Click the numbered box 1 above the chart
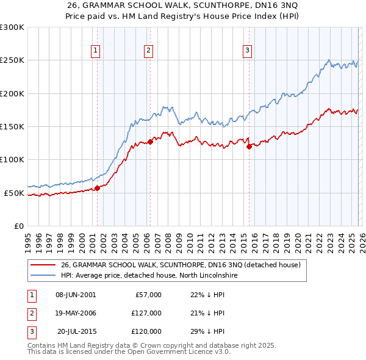pos(96,51)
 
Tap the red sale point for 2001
pos(97,188)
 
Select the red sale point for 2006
pos(150,142)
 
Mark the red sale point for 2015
pos(249,146)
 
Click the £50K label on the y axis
pos(14,193)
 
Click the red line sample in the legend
pos(43,265)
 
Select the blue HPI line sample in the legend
pos(43,276)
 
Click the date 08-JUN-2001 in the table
pos(76,295)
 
